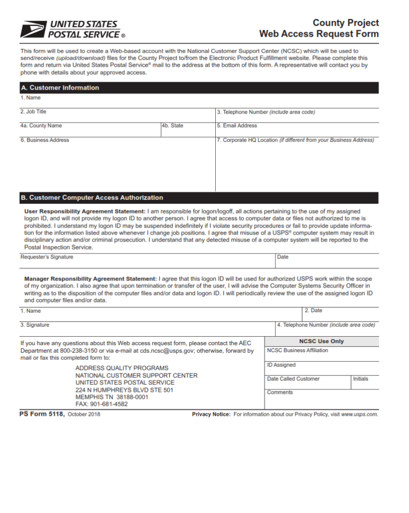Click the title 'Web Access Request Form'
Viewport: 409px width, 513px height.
point(319,34)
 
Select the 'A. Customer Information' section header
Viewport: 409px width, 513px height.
point(60,88)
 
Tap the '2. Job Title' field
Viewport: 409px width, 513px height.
point(118,116)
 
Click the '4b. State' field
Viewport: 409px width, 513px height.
point(187,130)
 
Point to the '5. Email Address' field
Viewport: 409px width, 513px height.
point(297,130)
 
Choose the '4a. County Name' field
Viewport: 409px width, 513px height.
point(90,130)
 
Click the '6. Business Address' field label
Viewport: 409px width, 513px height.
point(45,140)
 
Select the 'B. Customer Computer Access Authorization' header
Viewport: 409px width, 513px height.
point(92,198)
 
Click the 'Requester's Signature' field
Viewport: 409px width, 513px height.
point(147,261)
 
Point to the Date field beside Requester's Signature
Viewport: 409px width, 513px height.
point(327,261)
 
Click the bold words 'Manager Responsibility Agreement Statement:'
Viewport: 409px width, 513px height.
point(91,279)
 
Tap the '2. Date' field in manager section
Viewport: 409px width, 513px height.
point(340,315)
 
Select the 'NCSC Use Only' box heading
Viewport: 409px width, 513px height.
point(321,341)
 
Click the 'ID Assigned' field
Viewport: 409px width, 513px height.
point(321,368)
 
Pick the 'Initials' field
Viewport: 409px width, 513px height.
point(365,382)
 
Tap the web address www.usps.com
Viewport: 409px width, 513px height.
point(359,414)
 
